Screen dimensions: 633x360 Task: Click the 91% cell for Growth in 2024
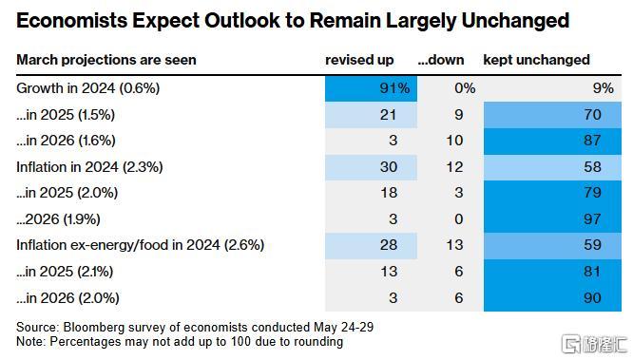point(371,88)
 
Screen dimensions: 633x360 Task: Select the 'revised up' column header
point(359,60)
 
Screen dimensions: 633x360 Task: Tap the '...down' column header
point(441,60)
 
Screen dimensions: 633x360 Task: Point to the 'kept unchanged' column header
point(536,60)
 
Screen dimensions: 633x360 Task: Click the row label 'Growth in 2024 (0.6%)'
point(88,88)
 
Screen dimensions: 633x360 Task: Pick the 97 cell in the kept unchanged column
point(552,219)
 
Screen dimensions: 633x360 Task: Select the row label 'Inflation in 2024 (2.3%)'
point(89,167)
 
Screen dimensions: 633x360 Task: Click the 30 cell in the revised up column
point(371,167)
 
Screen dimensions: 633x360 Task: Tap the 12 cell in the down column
point(454,167)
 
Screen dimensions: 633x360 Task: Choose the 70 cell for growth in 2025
point(552,115)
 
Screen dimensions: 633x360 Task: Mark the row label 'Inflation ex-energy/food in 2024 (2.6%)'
point(140,245)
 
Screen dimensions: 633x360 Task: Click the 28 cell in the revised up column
point(371,245)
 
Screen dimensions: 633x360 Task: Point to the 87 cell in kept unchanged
point(552,141)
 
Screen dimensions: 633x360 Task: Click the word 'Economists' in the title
point(71,21)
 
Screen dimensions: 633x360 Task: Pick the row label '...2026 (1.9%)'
point(58,219)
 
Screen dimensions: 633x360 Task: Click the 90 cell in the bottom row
point(552,298)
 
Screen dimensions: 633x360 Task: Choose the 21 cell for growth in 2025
point(371,115)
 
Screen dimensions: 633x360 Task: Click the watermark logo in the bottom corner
point(595,344)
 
